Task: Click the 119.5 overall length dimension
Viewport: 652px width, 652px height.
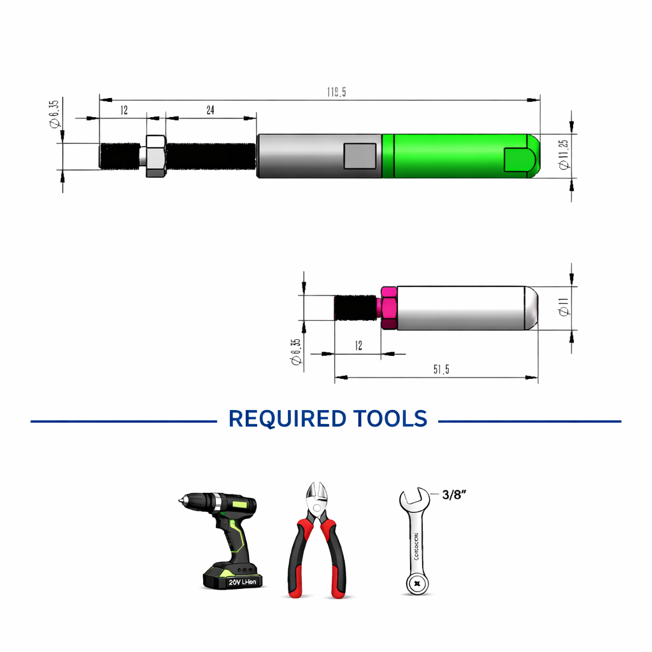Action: pyautogui.click(x=336, y=92)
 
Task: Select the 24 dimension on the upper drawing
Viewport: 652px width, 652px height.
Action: pyautogui.click(x=210, y=110)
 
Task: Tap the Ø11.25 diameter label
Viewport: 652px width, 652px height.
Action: pyautogui.click(x=563, y=153)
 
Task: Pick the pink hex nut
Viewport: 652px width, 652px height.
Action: pyautogui.click(x=388, y=308)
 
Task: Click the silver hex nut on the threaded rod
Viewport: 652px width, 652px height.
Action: pyautogui.click(x=156, y=155)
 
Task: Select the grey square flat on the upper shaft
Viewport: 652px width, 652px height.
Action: pyautogui.click(x=360, y=156)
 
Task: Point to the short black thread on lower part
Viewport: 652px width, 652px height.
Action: pyautogui.click(x=357, y=308)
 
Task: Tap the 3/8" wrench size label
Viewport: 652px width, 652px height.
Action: pyautogui.click(x=455, y=495)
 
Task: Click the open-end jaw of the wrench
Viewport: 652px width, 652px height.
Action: pyautogui.click(x=414, y=500)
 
